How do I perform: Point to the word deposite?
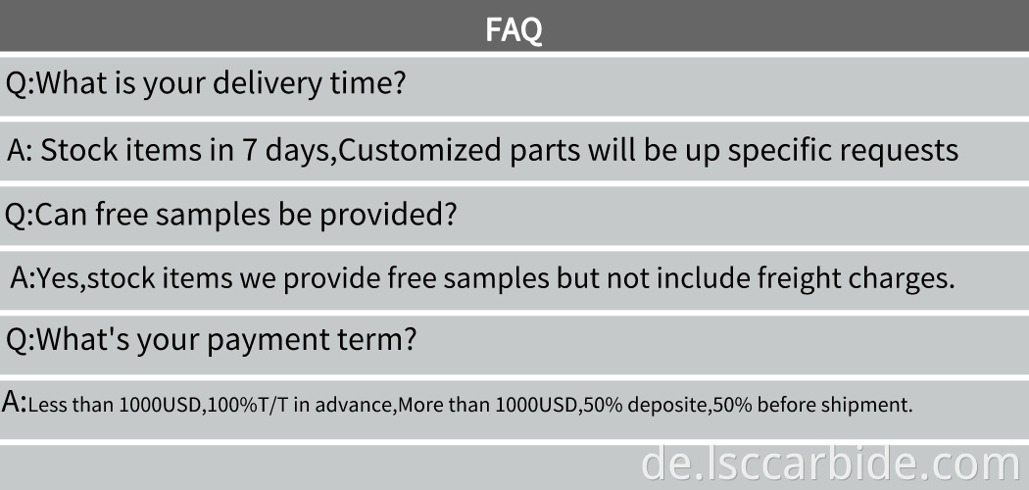664,405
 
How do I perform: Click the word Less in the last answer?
45,405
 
